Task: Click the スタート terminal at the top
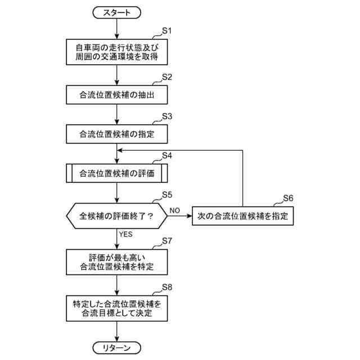[x=116, y=11]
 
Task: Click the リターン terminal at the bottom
[x=116, y=348]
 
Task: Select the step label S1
[x=167, y=31]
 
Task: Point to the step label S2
[x=167, y=77]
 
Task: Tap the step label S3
[x=167, y=116]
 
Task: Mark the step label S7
[x=167, y=241]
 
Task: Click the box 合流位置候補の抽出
[x=116, y=96]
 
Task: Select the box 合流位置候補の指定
[x=116, y=134]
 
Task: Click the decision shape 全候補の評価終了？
[x=116, y=215]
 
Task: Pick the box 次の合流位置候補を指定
[x=242, y=215]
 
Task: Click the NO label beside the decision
[x=174, y=209]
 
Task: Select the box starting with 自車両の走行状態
[x=116, y=52]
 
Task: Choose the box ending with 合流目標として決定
[x=116, y=308]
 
